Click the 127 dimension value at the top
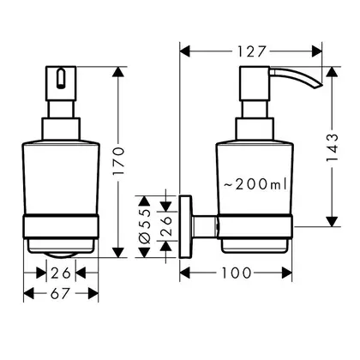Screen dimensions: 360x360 (x=252, y=51)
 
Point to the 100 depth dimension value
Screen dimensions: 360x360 (x=237, y=273)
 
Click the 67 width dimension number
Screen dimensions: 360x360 (x=61, y=293)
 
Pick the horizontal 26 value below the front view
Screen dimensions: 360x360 (x=61, y=273)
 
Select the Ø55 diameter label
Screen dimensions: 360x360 (x=145, y=227)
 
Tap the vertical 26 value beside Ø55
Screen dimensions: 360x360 (x=166, y=226)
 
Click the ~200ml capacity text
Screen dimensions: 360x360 (x=255, y=184)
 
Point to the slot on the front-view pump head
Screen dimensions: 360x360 (x=60, y=78)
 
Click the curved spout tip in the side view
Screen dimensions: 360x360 (x=318, y=86)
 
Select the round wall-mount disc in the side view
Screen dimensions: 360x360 (x=185, y=226)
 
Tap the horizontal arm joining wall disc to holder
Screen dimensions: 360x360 (x=205, y=226)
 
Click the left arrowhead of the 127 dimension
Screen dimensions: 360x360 (x=185, y=51)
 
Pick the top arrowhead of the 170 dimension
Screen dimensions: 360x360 (x=118, y=72)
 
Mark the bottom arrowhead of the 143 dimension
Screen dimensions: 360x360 (x=332, y=222)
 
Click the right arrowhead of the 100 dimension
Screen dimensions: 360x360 (x=287, y=273)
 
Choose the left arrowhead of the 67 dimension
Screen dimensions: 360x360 (x=28, y=293)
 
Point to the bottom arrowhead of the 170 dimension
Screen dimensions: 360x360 (x=118, y=253)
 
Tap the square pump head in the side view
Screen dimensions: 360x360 (x=255, y=83)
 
